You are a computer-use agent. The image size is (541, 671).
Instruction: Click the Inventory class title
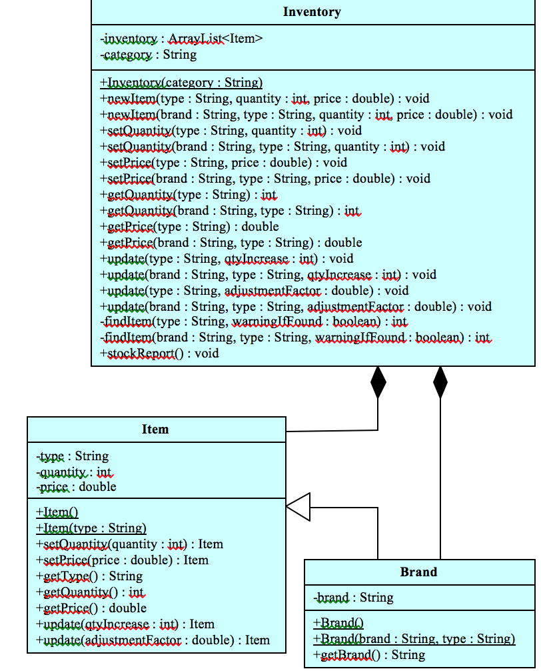click(x=312, y=12)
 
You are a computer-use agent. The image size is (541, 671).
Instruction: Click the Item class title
click(x=155, y=430)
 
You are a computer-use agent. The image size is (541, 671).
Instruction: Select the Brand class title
click(x=419, y=572)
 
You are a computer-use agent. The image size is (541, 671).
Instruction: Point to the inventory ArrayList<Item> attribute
click(x=182, y=39)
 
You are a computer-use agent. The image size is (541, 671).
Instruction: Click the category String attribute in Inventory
click(x=149, y=55)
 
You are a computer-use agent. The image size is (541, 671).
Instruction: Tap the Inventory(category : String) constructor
click(x=181, y=83)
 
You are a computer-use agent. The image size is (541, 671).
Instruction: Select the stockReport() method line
click(x=159, y=354)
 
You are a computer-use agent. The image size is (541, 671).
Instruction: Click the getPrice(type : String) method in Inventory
click(x=189, y=227)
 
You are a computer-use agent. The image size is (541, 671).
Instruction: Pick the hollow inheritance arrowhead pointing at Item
click(x=298, y=507)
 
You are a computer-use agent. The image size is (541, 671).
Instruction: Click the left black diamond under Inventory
click(x=378, y=382)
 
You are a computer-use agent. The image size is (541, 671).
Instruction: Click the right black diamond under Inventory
click(x=440, y=382)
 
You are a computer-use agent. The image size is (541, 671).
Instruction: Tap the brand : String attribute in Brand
click(x=353, y=598)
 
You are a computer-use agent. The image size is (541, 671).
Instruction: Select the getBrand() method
click(x=369, y=655)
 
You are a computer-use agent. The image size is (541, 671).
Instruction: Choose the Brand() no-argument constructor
click(x=338, y=623)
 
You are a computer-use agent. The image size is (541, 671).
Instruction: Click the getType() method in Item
click(x=89, y=576)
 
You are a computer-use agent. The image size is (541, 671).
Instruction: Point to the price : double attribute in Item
click(x=76, y=487)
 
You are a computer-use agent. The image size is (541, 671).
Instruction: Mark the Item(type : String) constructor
click(x=91, y=528)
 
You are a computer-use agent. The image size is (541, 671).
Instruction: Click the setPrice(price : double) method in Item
click(x=122, y=560)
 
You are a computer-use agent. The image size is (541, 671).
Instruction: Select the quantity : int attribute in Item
click(x=74, y=472)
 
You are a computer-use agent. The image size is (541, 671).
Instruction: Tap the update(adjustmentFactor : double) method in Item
click(x=153, y=640)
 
